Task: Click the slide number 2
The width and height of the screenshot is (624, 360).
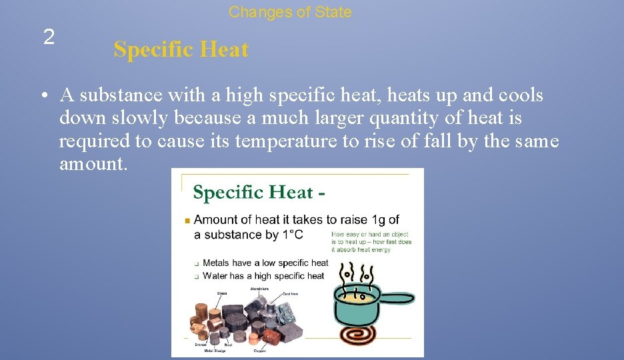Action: coord(49,38)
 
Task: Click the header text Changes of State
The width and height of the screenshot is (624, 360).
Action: coord(290,12)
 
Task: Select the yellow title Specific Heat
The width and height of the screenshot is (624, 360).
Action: coord(181,49)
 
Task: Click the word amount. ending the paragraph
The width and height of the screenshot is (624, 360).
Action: coord(93,163)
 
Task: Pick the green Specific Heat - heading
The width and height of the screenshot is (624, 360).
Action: coord(259,193)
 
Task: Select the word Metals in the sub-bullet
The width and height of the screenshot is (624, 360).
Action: coord(217,263)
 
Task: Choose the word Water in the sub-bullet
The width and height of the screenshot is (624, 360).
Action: coord(215,275)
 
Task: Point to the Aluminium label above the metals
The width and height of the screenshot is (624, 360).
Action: coord(259,289)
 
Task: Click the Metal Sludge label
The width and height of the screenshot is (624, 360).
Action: coord(216,351)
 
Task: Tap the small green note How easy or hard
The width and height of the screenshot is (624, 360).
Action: coord(371,241)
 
